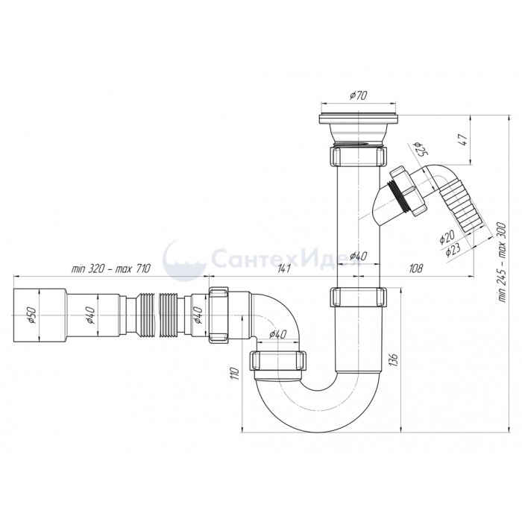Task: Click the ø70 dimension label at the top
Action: [358, 95]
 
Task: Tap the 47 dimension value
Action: [464, 140]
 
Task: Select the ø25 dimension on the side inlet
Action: [420, 149]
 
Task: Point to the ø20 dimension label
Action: [447, 236]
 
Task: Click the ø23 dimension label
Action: [453, 249]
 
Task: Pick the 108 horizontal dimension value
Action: [415, 268]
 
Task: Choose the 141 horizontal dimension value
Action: [284, 268]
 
